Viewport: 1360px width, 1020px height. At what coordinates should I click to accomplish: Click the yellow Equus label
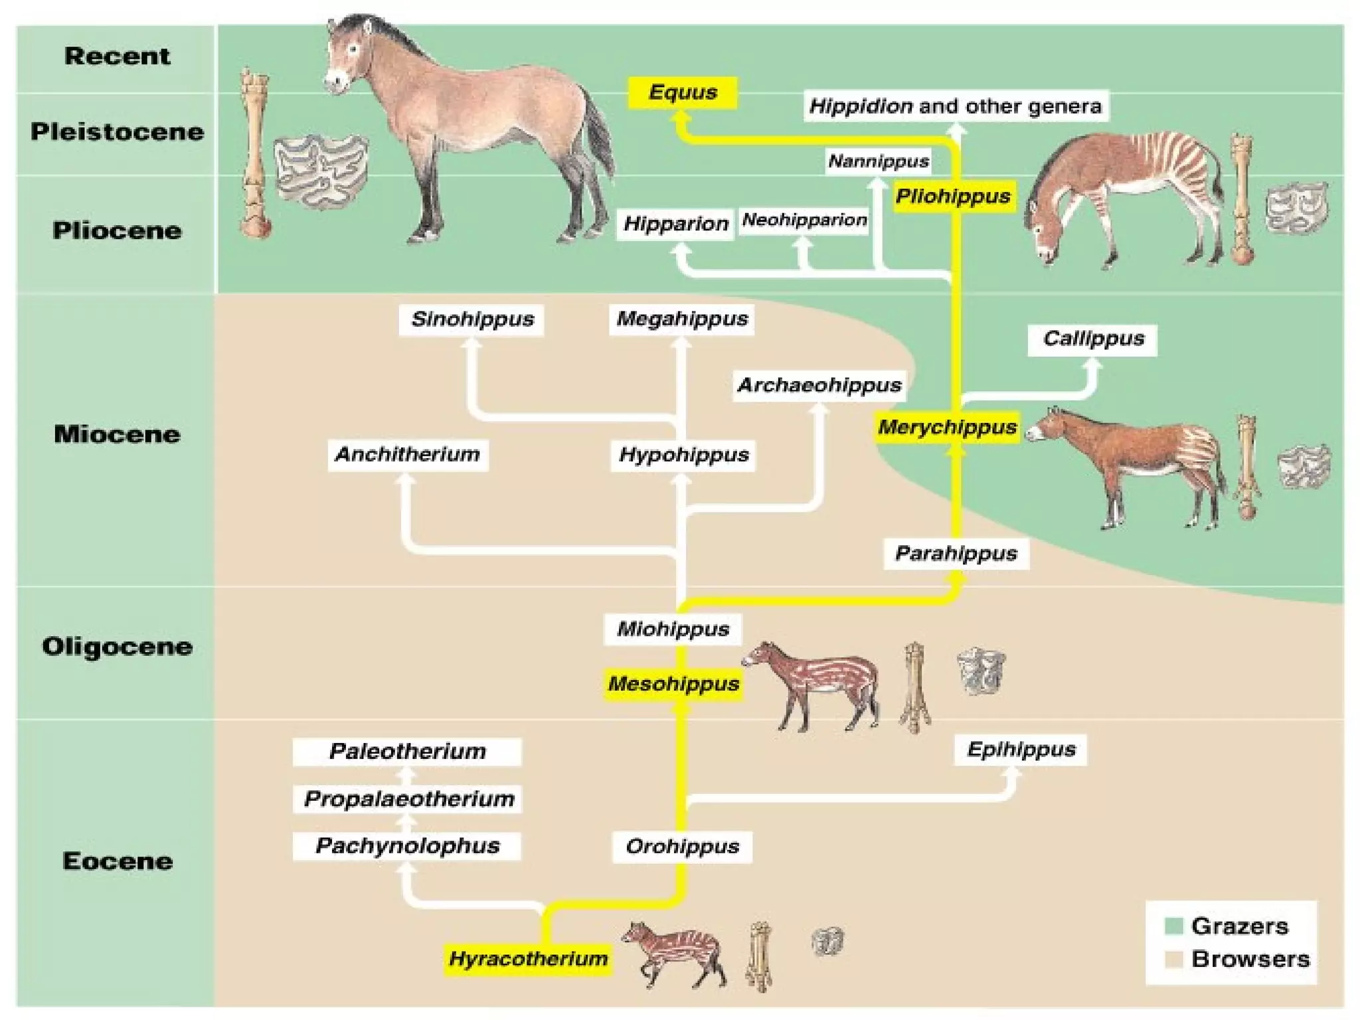[x=683, y=92]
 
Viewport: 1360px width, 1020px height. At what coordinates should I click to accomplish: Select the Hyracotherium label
[x=528, y=959]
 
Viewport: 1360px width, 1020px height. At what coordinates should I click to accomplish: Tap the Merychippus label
[x=947, y=427]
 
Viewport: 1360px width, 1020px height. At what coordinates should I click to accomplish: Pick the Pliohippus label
[x=953, y=197]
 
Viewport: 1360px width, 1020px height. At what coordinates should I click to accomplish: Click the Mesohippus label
[x=673, y=684]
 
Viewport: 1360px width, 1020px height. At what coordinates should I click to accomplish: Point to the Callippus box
[x=1093, y=339]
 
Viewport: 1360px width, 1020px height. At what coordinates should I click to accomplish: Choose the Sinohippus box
[x=472, y=319]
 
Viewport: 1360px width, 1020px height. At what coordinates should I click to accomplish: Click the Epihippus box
[x=1021, y=750]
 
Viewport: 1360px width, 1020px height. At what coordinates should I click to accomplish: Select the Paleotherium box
[x=407, y=752]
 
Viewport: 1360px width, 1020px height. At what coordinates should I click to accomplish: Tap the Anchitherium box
[x=408, y=455]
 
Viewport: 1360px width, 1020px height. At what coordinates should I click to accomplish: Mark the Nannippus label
[x=878, y=161]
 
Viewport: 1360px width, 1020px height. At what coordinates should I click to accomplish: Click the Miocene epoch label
[x=117, y=434]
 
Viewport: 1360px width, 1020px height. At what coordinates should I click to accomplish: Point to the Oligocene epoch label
[x=117, y=646]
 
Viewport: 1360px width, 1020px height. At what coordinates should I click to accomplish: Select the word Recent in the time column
[x=117, y=56]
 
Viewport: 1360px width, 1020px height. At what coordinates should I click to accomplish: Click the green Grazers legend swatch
[x=1174, y=925]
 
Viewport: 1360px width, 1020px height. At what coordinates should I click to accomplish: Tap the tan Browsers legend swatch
[x=1174, y=959]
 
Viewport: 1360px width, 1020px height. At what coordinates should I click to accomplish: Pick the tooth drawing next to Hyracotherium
[x=827, y=941]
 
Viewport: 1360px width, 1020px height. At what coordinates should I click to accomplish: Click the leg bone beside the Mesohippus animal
[x=915, y=687]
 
